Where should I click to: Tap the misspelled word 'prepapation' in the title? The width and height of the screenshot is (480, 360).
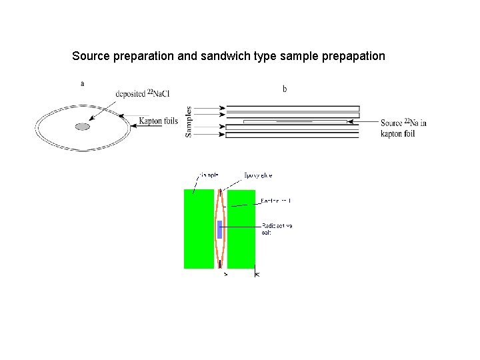[353, 56]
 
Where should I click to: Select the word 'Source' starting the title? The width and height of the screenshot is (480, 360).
[91, 56]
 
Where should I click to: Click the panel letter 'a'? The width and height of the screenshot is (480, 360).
[82, 84]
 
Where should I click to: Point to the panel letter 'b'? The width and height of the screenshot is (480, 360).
[285, 89]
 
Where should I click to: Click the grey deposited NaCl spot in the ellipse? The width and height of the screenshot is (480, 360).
[82, 127]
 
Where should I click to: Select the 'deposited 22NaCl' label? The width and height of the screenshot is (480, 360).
[142, 94]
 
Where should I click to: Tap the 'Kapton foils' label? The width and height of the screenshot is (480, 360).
[158, 121]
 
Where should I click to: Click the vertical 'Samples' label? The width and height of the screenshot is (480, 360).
[189, 121]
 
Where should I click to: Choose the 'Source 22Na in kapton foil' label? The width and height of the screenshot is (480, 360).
[403, 127]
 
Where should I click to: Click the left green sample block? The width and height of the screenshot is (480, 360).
[199, 229]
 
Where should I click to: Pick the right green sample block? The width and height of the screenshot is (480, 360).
[241, 229]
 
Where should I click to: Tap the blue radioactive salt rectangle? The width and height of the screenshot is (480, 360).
[219, 229]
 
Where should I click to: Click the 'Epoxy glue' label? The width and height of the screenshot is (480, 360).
[258, 175]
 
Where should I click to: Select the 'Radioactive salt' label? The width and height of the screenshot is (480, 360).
[276, 229]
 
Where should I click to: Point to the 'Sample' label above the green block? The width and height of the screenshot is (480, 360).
[208, 175]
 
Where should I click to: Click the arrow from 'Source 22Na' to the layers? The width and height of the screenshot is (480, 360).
[364, 122]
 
